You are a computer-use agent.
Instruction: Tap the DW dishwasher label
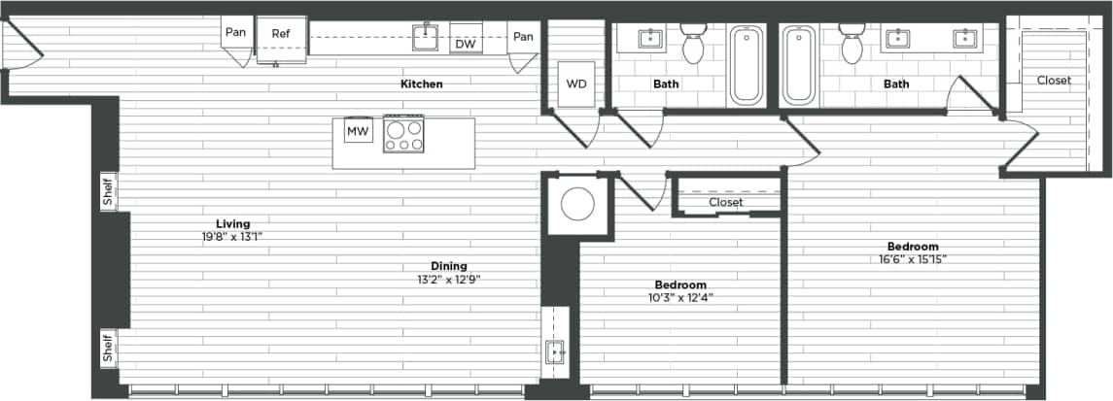[x=465, y=44]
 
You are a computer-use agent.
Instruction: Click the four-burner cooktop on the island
[x=403, y=134]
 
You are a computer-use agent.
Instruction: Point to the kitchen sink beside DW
[x=425, y=37]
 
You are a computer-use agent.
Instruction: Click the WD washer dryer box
[x=576, y=84]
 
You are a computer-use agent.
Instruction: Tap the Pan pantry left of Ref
[x=235, y=33]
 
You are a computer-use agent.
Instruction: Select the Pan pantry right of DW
[x=523, y=37]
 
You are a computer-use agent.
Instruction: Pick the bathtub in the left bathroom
[x=747, y=65]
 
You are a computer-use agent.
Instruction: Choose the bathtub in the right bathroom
[x=799, y=65]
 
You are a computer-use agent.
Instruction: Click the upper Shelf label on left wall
[x=107, y=191]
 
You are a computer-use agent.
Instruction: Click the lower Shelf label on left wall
[x=107, y=350]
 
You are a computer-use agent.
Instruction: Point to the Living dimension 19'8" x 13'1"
[x=232, y=235]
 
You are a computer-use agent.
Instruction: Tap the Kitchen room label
[x=421, y=84]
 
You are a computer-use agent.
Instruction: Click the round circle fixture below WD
[x=578, y=205]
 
